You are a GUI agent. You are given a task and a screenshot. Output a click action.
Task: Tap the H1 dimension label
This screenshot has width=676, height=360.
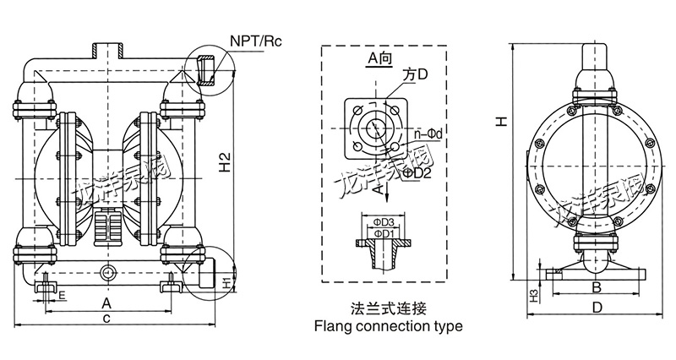[x=226, y=281]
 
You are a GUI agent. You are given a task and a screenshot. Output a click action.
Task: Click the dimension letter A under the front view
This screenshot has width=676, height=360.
[x=106, y=302]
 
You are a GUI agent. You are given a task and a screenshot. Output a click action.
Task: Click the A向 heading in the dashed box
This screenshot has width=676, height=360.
[x=379, y=57]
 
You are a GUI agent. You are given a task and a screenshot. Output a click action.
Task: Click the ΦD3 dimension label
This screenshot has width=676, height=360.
[x=384, y=222]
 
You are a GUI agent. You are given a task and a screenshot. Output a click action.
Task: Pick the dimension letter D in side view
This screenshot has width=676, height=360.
[x=597, y=309]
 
